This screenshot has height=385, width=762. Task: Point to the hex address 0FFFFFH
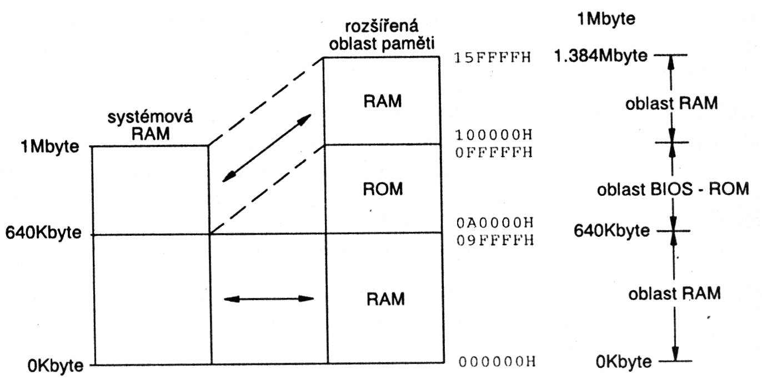(493, 151)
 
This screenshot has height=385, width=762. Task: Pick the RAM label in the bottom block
(385, 299)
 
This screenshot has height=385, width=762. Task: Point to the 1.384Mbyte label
(601, 55)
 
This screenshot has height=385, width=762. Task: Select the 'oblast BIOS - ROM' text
(673, 189)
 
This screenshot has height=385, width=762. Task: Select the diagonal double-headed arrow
(267, 148)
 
